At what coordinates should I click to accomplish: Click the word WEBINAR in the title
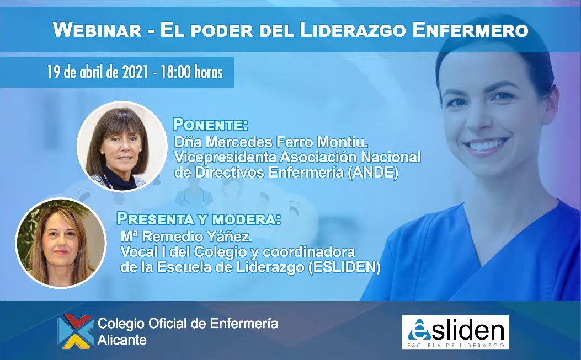point(97,30)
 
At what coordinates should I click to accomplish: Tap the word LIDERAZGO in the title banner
point(353,30)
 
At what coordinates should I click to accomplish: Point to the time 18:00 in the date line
point(175,72)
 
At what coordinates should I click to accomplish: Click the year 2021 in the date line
point(135,72)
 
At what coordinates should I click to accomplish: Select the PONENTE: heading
point(210,125)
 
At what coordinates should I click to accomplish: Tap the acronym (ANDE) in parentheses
point(373,172)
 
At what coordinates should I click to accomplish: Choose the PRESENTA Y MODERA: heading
point(199,219)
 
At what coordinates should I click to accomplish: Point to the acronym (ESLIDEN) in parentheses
point(344,267)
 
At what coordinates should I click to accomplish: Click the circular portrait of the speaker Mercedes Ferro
point(122,146)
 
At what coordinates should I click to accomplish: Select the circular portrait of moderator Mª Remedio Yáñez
point(61,243)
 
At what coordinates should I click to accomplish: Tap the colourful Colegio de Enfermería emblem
point(76,331)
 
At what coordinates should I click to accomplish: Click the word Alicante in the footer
point(122,340)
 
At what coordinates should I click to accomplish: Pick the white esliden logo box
point(455,332)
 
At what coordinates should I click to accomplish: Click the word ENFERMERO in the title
point(470,30)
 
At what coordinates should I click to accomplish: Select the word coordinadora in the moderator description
point(308,252)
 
